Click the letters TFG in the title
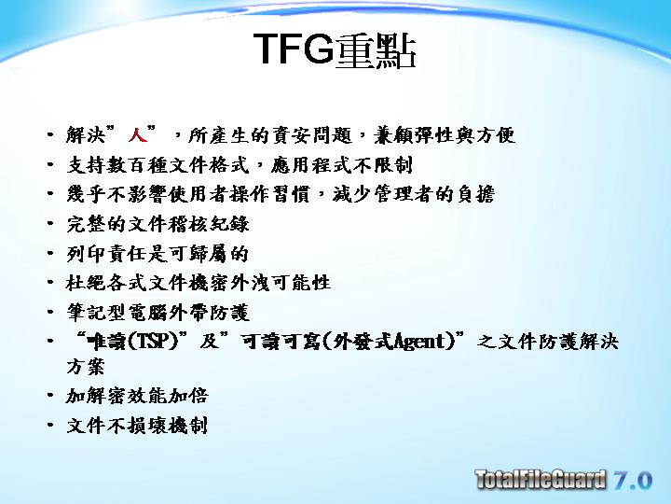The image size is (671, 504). coord(294,49)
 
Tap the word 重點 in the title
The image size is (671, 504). coord(375,51)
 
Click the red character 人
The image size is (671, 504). coord(137,134)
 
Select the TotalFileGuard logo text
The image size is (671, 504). coord(541,479)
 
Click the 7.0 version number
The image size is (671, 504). coord(633,480)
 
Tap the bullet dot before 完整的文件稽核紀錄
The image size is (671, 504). coord(50,223)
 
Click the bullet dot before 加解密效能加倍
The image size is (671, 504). coord(50,395)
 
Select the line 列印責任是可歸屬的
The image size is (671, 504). coord(157,254)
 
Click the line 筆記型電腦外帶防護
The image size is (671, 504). coord(157,312)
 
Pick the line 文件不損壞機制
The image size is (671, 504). coord(137,426)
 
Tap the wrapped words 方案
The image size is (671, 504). coord(86,367)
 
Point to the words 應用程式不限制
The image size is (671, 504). coord(341,165)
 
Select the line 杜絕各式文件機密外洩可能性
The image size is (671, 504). coord(199,283)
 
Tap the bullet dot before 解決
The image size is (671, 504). coord(50,134)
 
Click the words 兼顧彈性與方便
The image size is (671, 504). coord(445,135)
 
